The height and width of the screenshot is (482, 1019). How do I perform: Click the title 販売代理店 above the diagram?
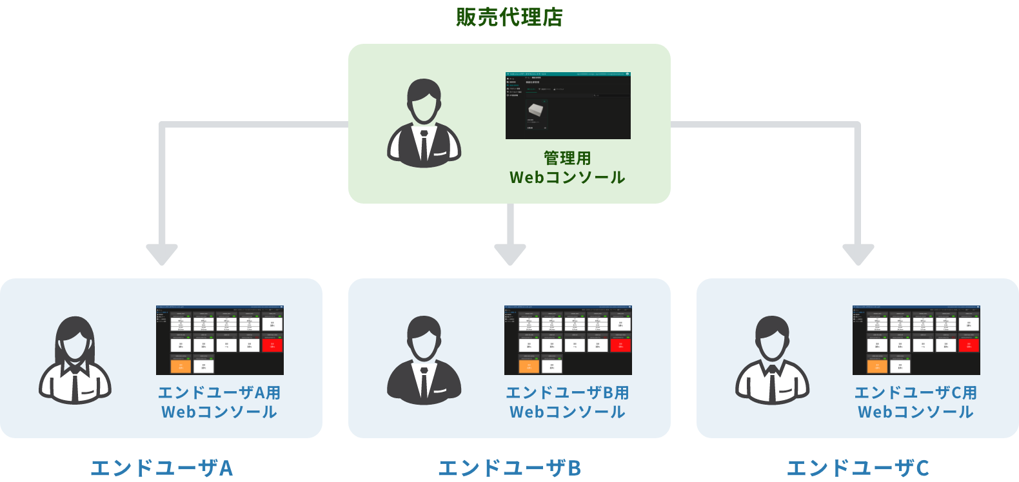coord(509,17)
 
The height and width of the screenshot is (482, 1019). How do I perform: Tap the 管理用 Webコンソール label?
coord(567,168)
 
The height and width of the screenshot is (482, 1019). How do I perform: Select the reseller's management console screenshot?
coord(568,106)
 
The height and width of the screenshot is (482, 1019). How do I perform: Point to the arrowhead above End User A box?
coord(162,254)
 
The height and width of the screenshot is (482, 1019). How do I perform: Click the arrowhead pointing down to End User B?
coord(510,254)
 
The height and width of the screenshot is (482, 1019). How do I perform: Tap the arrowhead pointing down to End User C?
coord(858,254)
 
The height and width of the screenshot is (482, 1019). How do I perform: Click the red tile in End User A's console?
coord(272,345)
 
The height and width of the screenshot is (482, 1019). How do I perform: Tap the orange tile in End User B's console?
coord(529,366)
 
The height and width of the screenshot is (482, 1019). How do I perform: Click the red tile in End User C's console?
coord(969,345)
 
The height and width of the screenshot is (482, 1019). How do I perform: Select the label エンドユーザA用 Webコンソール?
coord(219,402)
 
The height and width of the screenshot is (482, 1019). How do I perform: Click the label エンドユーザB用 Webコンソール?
coord(568,402)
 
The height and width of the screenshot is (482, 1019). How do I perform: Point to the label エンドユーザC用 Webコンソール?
coord(916,402)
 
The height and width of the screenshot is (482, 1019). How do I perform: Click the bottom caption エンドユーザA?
coord(161,468)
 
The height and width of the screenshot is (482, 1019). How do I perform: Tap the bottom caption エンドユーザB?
coord(509,468)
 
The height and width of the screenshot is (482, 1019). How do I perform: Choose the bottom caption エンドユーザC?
coord(858,468)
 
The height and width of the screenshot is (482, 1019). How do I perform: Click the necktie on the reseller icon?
coord(424,144)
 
